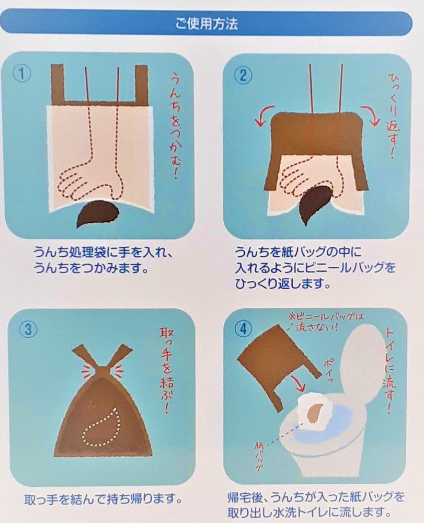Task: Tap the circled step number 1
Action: tap(22, 74)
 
